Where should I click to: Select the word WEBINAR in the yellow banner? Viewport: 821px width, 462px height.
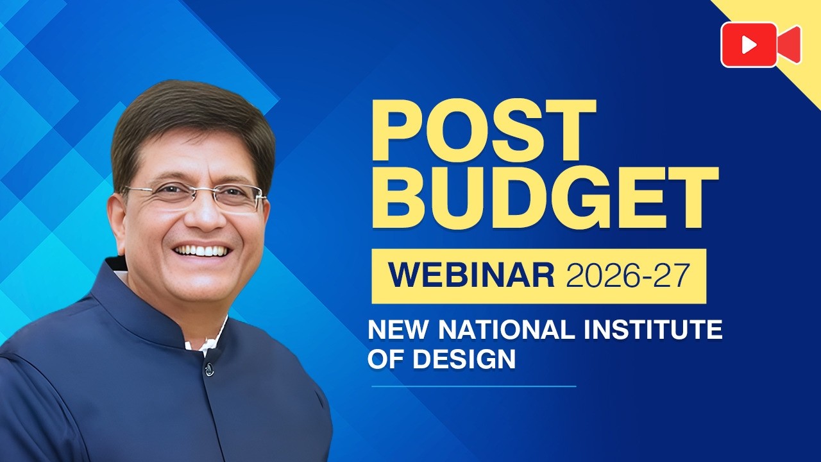[471, 275]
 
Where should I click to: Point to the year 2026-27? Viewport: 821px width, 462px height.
[628, 275]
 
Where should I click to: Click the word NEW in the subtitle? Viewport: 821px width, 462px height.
[398, 329]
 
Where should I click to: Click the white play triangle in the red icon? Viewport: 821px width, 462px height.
[750, 45]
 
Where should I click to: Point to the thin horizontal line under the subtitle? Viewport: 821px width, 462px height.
[474, 386]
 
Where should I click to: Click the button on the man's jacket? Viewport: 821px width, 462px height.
[209, 369]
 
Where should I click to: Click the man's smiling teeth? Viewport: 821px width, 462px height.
[201, 251]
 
